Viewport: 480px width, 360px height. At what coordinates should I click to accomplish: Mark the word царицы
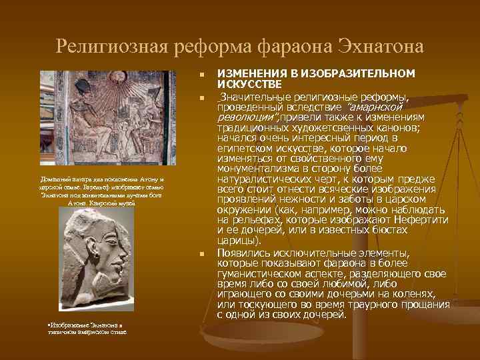(236, 240)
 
